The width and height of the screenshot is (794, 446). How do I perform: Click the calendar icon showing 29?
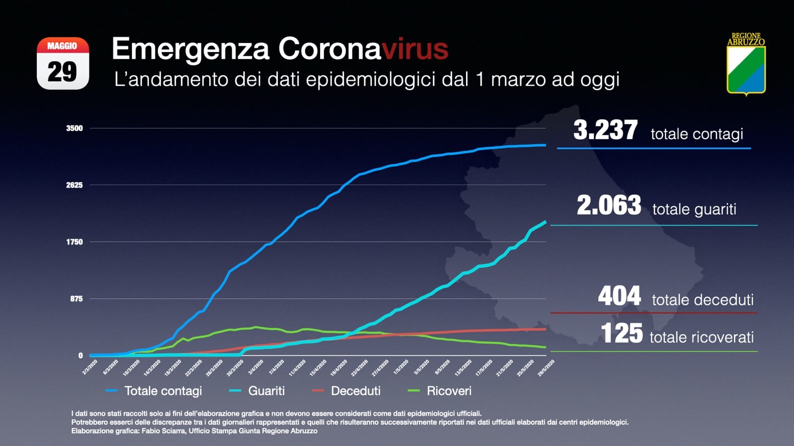pyautogui.click(x=63, y=63)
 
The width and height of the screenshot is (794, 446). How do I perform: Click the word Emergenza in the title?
pyautogui.click(x=191, y=49)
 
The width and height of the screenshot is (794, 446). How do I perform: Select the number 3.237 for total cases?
pyautogui.click(x=605, y=130)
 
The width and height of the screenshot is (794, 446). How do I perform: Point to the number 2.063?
pyautogui.click(x=608, y=205)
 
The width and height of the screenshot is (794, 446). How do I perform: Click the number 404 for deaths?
pyautogui.click(x=619, y=296)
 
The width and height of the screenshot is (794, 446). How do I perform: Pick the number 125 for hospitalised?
pyautogui.click(x=621, y=333)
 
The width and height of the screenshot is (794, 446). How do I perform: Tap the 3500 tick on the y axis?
pyautogui.click(x=74, y=128)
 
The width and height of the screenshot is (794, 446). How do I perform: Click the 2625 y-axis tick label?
pyautogui.click(x=74, y=185)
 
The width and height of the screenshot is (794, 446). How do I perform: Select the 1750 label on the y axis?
pyautogui.click(x=74, y=242)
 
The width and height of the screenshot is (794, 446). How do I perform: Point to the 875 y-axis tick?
pyautogui.click(x=76, y=299)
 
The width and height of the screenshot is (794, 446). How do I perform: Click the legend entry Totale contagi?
pyautogui.click(x=163, y=391)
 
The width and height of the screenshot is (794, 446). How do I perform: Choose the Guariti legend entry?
pyautogui.click(x=266, y=391)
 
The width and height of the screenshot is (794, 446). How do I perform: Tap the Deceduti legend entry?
pyautogui.click(x=355, y=391)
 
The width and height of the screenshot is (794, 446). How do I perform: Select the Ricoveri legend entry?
pyautogui.click(x=449, y=391)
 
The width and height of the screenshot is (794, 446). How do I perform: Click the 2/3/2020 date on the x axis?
pyautogui.click(x=90, y=367)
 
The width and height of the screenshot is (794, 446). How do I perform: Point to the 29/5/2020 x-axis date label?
pyautogui.click(x=546, y=368)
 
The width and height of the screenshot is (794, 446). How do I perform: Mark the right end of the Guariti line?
pyautogui.click(x=545, y=222)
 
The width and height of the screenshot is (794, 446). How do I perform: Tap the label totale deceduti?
pyautogui.click(x=702, y=300)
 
